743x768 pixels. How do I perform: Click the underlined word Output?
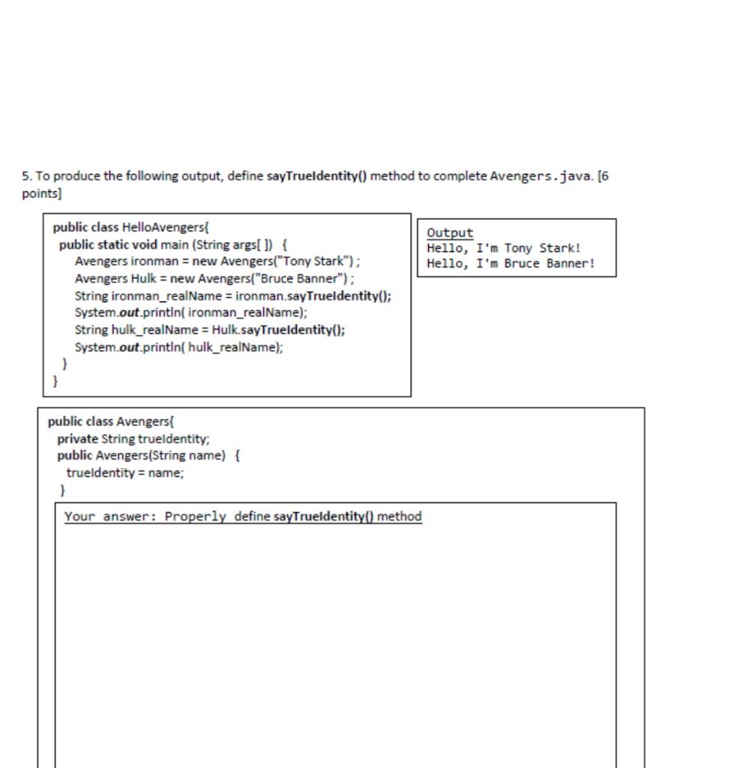450,233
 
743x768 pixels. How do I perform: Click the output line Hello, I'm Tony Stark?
504,248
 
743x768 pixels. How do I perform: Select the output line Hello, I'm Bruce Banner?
511,264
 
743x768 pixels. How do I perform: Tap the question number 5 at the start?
25,176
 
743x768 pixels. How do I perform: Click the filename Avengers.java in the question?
541,176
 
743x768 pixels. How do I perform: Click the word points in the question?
40,193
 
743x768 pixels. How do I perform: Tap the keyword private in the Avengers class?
77,439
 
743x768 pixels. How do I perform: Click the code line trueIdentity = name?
124,473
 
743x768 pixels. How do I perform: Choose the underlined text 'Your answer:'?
111,517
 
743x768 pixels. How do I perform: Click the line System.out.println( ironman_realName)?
190,313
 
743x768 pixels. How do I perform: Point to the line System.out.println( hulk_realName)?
178,347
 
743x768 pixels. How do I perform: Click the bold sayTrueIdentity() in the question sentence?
316,176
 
